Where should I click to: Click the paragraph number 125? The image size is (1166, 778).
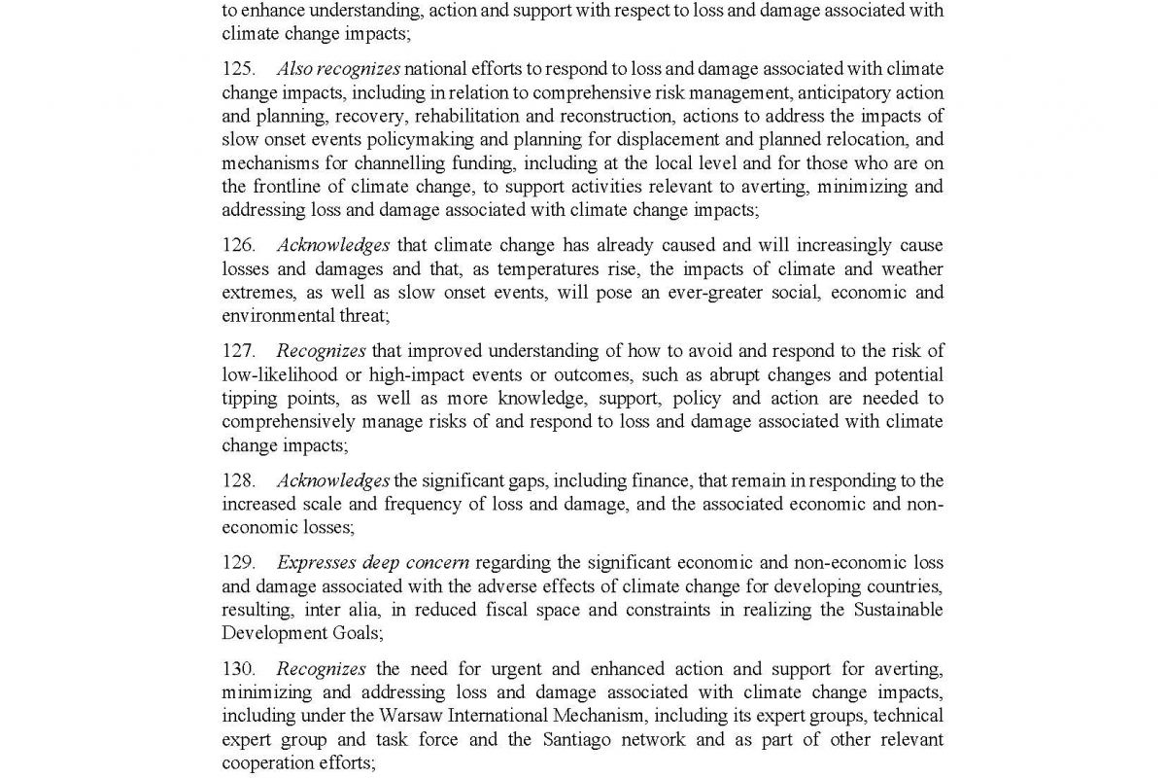pyautogui.click(x=238, y=69)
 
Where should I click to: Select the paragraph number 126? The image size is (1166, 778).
pyautogui.click(x=238, y=245)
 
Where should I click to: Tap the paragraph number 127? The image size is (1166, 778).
pyautogui.click(x=238, y=351)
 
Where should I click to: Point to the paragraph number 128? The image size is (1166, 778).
pyautogui.click(x=238, y=480)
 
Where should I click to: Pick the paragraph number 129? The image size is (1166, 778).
pyautogui.click(x=238, y=562)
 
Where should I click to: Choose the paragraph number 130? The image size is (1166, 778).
pyautogui.click(x=238, y=669)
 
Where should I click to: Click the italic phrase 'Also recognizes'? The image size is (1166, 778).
pyautogui.click(x=338, y=69)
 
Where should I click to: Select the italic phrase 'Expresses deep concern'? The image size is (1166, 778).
pyautogui.click(x=373, y=562)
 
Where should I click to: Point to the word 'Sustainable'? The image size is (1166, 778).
pyautogui.click(x=898, y=610)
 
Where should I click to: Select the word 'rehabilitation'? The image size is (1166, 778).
pyautogui.click(x=466, y=116)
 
